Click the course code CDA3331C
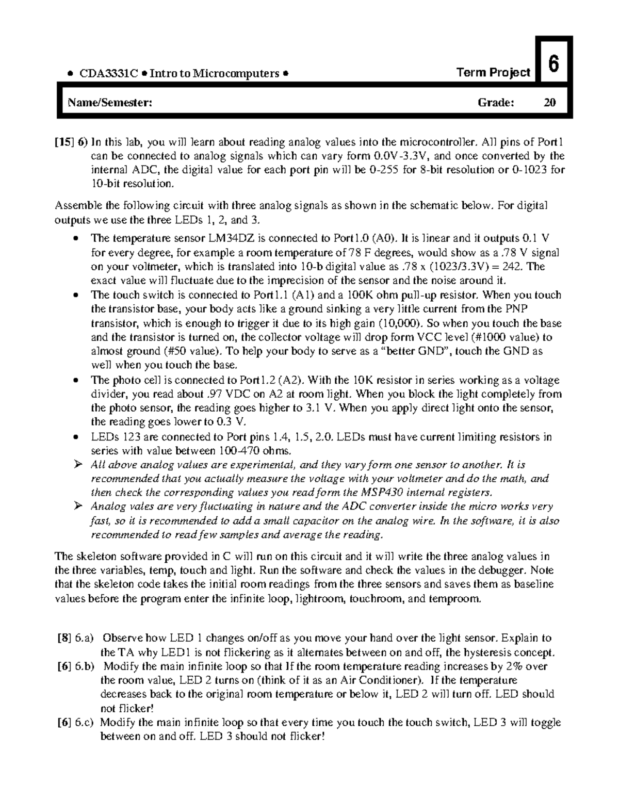108,73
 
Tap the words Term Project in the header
494,73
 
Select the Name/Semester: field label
110,103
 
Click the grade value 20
550,103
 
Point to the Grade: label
496,103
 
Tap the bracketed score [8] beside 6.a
63,638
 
